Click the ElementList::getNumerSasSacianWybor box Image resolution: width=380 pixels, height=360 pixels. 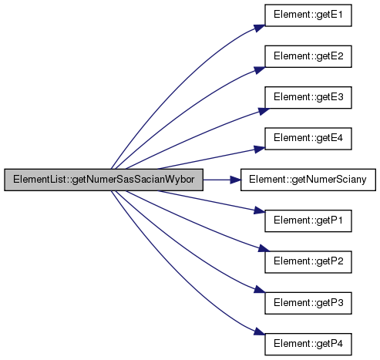coord(103,180)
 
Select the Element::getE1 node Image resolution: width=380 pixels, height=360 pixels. coord(308,15)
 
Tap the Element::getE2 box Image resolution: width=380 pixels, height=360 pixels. coord(308,56)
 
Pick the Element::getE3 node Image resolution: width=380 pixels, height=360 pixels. coord(308,97)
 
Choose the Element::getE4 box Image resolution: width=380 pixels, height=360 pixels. coord(308,139)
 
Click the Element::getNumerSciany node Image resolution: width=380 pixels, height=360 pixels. coord(308,180)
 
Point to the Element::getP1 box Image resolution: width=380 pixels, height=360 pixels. coord(308,220)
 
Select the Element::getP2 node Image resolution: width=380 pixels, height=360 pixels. coord(308,262)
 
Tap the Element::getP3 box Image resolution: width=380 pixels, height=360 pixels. coord(308,303)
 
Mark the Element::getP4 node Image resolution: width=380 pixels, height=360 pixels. coord(308,344)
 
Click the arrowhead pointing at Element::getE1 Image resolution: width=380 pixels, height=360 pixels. coord(260,28)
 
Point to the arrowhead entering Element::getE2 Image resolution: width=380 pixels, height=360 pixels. coord(260,70)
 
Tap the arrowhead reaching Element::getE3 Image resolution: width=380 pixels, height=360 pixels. coord(264,111)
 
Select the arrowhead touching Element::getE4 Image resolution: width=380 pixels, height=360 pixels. coord(259,149)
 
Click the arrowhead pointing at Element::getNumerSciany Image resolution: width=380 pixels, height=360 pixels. coord(235,180)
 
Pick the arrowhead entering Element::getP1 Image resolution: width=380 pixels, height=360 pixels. coord(259,210)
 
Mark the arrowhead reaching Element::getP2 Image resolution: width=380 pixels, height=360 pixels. coord(264,248)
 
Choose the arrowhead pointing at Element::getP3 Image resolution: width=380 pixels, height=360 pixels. coord(260,290)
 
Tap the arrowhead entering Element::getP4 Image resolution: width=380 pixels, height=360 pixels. coord(260,331)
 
